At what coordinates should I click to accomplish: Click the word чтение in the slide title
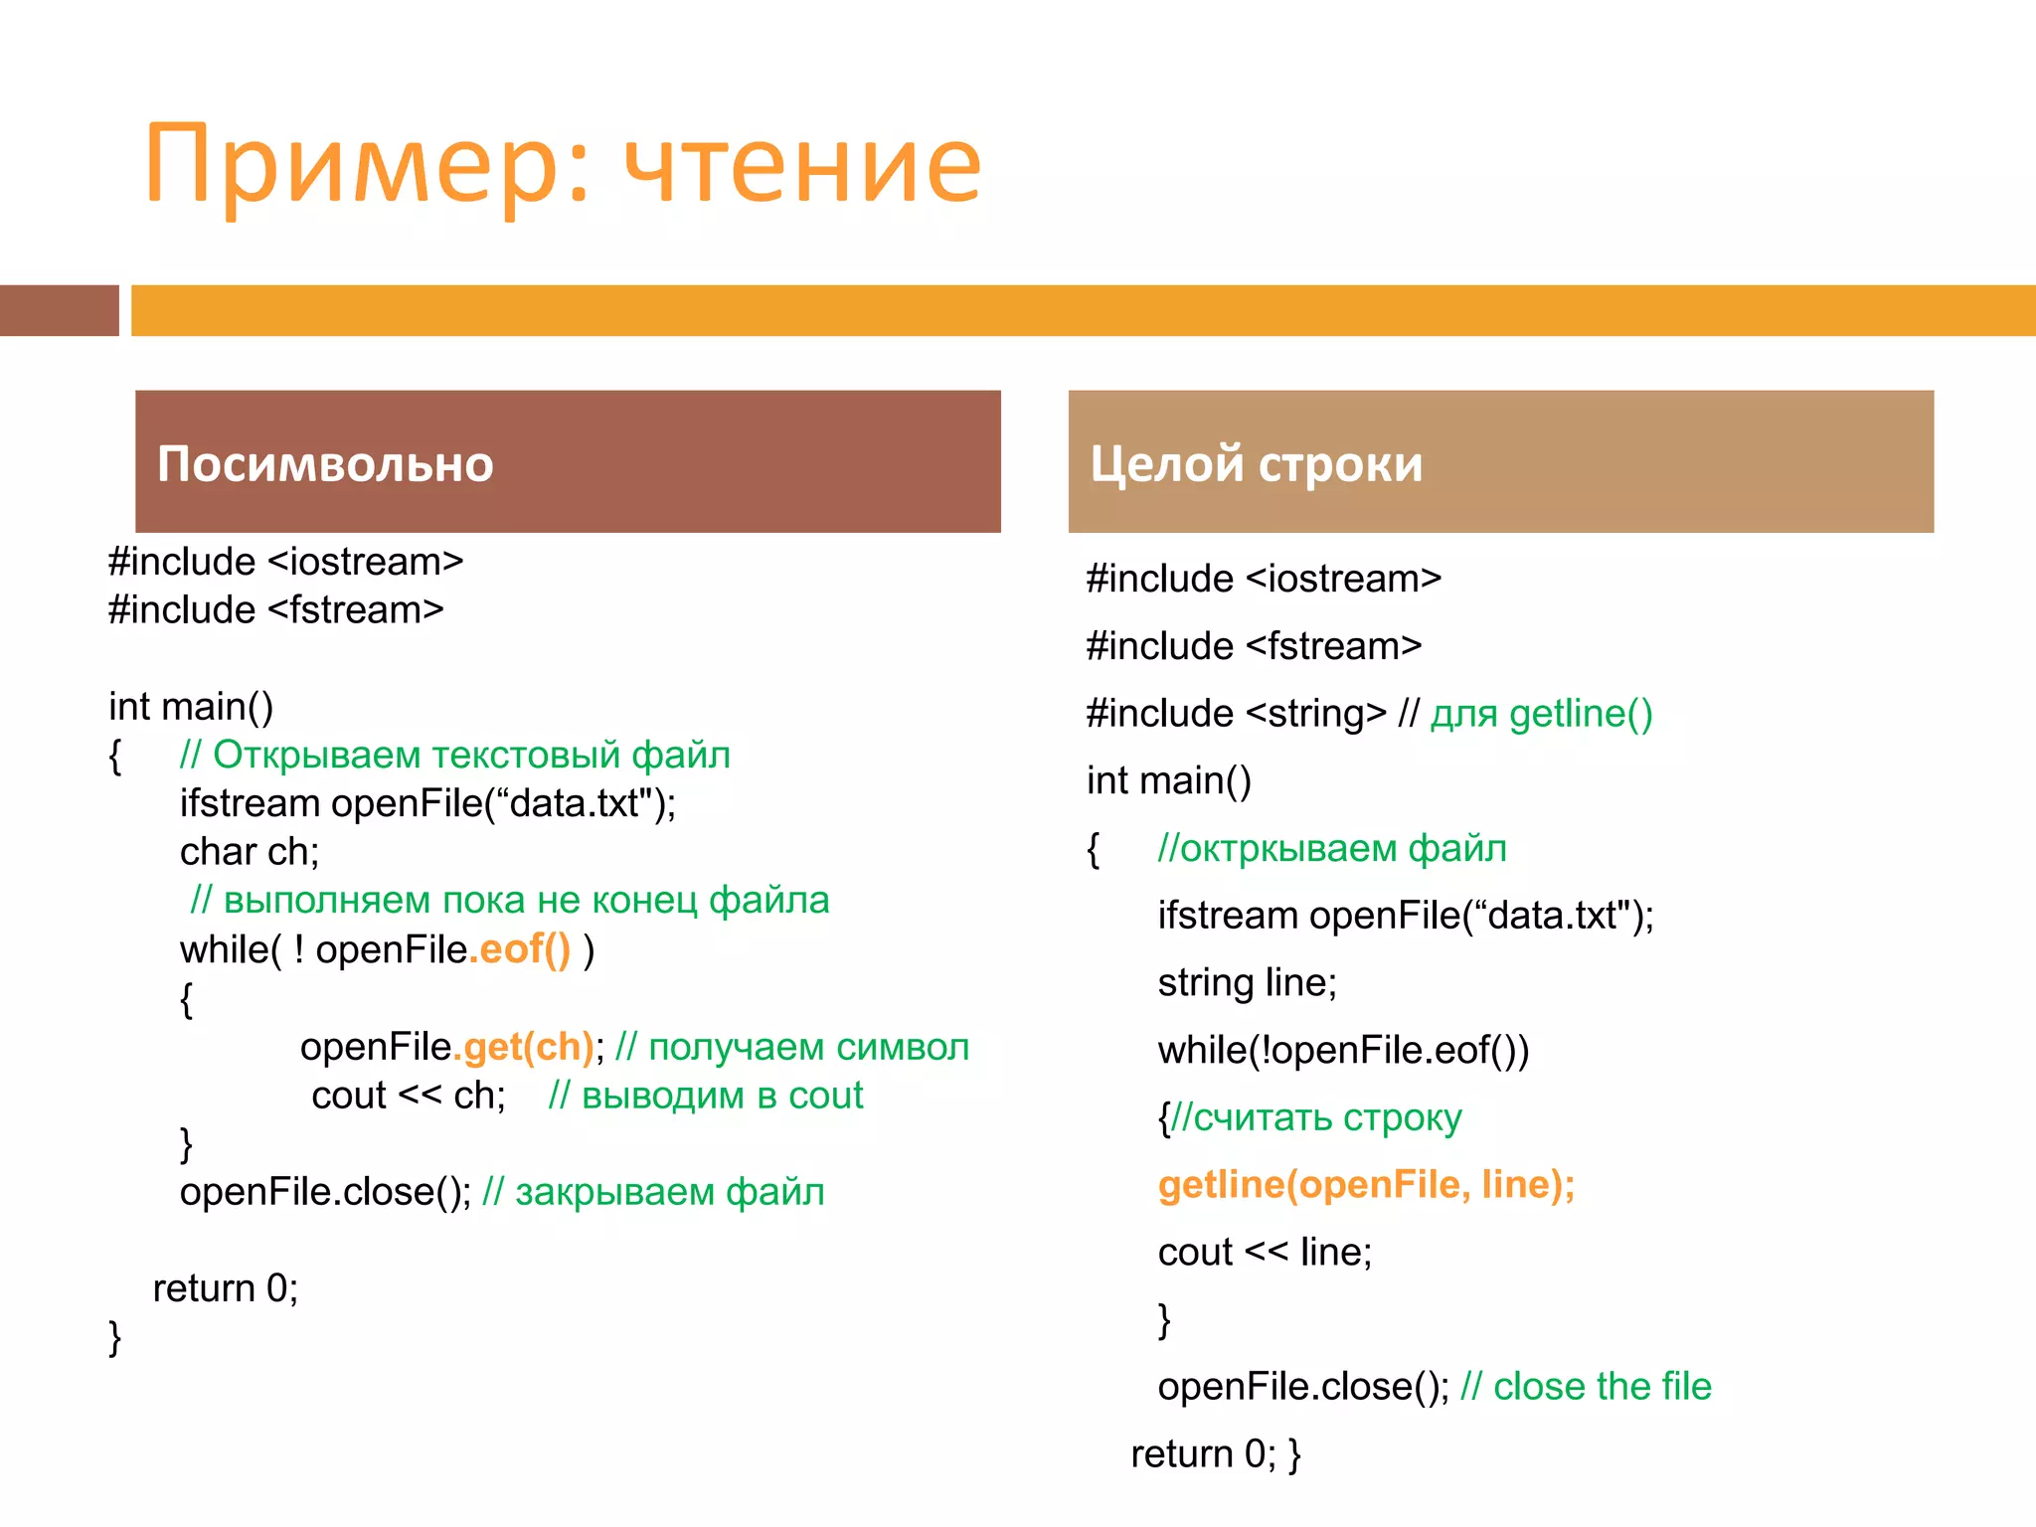pos(803,164)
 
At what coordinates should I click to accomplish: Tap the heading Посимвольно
pos(325,464)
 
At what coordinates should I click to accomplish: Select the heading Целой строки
pos(1257,464)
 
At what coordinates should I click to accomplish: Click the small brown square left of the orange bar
pos(59,310)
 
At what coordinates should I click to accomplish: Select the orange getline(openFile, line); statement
pos(1366,1185)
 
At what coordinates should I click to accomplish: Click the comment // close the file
pos(1586,1387)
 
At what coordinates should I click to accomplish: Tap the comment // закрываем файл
pos(653,1192)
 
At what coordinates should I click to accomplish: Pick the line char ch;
pos(250,852)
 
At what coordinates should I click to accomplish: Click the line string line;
pos(1247,983)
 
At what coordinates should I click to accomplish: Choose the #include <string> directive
pos(1236,714)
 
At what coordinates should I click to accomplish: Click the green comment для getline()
pos(1541,714)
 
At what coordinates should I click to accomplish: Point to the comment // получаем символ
pos(792,1047)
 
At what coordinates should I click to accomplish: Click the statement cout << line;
pos(1265,1253)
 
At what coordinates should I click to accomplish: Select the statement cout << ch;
pos(409,1096)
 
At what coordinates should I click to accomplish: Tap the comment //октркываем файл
pos(1332,849)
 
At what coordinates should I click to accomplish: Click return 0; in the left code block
pos(226,1288)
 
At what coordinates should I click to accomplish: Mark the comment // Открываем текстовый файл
pos(455,756)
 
